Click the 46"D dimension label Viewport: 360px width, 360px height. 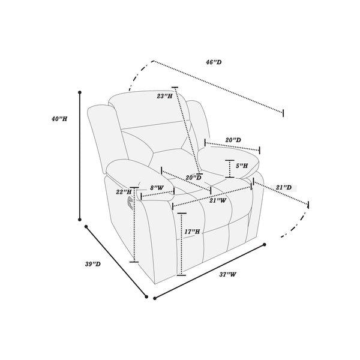click(x=214, y=62)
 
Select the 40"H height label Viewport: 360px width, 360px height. click(x=59, y=119)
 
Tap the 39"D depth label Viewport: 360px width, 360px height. click(x=93, y=264)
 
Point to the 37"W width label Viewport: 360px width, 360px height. click(x=227, y=274)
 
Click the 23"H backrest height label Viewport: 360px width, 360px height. click(x=164, y=96)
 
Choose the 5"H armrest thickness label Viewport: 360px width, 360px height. click(x=242, y=166)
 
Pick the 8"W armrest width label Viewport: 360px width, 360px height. click(x=157, y=188)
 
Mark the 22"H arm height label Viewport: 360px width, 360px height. click(x=124, y=192)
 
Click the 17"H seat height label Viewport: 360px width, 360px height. click(x=192, y=232)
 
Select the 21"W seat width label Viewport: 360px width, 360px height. click(x=218, y=200)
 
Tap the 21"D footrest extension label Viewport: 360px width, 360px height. click(x=284, y=188)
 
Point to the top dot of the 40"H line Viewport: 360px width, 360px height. click(x=80, y=92)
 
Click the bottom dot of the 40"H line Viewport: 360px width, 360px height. click(x=80, y=220)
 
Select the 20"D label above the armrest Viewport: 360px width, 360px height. click(x=233, y=140)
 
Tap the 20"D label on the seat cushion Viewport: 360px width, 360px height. click(x=194, y=178)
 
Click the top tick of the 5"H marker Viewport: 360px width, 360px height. click(x=230, y=160)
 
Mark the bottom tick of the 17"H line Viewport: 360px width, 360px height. click(x=181, y=275)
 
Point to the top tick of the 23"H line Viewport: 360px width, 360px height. click(x=175, y=88)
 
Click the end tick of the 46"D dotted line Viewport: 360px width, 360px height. click(x=283, y=113)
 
